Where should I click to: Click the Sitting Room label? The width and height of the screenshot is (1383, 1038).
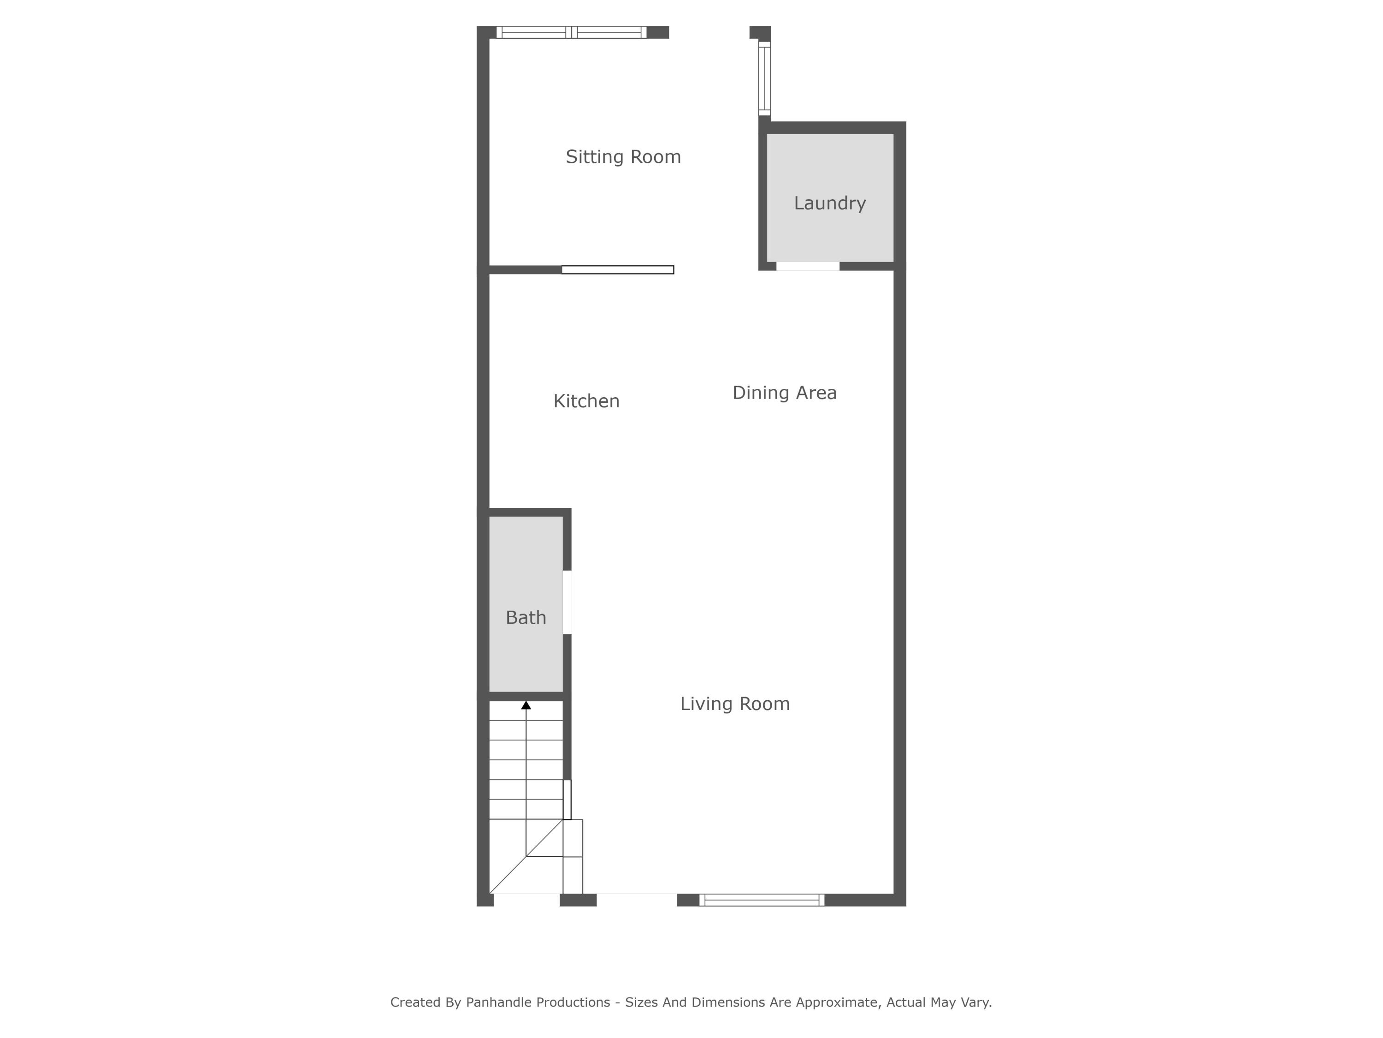coord(623,157)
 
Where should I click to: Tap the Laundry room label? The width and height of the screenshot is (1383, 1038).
coord(830,203)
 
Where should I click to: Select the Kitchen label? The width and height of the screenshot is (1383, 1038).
coord(586,401)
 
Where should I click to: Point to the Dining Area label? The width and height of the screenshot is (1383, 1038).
coord(784,393)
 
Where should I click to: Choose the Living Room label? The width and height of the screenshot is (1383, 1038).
coord(735,704)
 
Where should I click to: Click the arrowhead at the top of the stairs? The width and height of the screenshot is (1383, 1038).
coord(526,705)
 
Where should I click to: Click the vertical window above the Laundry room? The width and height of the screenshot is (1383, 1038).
coord(764,79)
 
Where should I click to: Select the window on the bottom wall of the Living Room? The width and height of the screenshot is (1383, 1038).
coord(761,901)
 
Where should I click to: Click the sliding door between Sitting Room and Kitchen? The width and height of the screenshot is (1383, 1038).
coord(617,270)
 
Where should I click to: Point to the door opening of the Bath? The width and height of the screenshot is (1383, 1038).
coord(567,602)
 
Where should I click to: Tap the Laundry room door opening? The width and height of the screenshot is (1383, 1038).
coord(807,267)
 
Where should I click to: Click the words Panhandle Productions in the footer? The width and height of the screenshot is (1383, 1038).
coord(537,1002)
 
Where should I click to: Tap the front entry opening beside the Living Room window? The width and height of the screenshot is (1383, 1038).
coord(637,899)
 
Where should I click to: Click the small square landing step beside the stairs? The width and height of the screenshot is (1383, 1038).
coord(573,838)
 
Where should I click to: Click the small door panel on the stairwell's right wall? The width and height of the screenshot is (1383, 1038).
coord(567,799)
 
